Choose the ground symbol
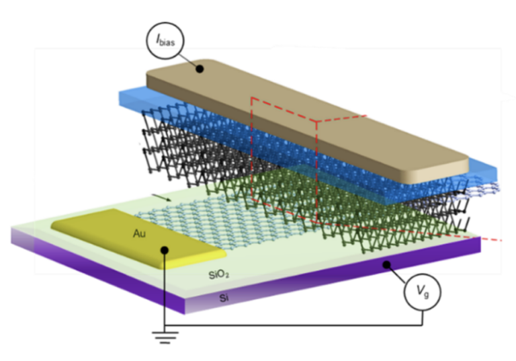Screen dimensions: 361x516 click(x=164, y=337)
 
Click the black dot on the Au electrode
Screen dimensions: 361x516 click(x=164, y=250)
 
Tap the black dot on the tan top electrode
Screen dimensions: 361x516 click(x=198, y=68)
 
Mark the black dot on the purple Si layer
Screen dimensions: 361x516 click(x=387, y=265)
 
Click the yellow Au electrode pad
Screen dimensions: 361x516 click(x=121, y=232)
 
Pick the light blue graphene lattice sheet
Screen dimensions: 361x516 click(x=202, y=215)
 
